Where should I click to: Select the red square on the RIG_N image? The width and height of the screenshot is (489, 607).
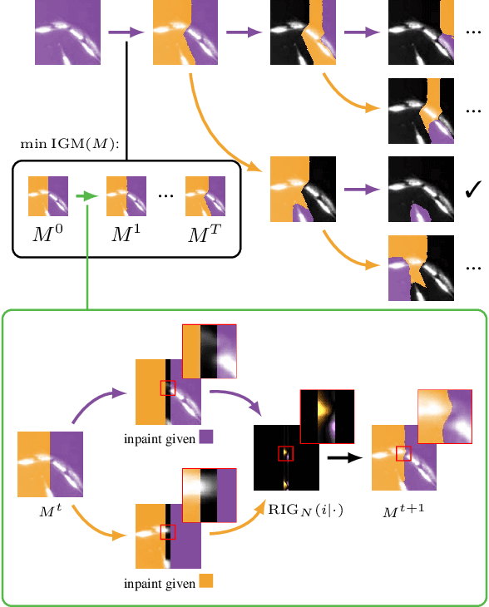point(285,453)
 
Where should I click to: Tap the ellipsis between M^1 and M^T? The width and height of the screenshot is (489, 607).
point(165,195)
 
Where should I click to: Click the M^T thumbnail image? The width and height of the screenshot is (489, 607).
point(205,196)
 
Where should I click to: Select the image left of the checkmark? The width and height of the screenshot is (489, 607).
point(422,190)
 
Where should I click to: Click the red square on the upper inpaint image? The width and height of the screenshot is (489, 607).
point(168,387)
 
